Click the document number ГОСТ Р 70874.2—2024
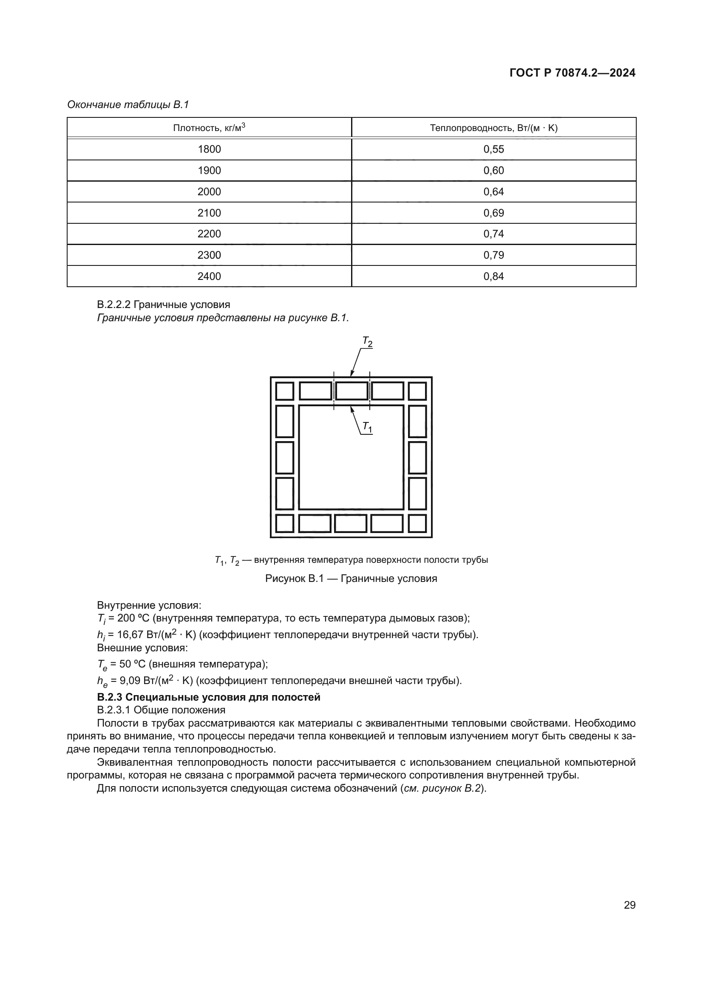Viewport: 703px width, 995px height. (572, 73)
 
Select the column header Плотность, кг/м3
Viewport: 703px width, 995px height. (209, 128)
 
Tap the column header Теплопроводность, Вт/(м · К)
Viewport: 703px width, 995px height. (493, 128)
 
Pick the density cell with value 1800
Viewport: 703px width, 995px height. (209, 149)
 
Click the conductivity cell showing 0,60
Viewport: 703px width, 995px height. (493, 170)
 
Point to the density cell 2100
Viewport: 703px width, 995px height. (209, 213)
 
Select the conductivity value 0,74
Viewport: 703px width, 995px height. (493, 234)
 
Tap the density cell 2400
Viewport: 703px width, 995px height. (209, 276)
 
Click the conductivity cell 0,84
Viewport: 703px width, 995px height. (493, 276)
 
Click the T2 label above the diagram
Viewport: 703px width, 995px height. (367, 342)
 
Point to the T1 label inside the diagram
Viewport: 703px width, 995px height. (367, 427)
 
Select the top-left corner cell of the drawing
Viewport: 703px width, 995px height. (284, 391)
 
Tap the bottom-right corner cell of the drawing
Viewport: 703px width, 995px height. (417, 524)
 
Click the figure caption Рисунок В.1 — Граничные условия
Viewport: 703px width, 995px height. (351, 579)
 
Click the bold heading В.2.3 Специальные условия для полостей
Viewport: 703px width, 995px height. (209, 697)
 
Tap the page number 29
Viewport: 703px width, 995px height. (629, 905)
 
